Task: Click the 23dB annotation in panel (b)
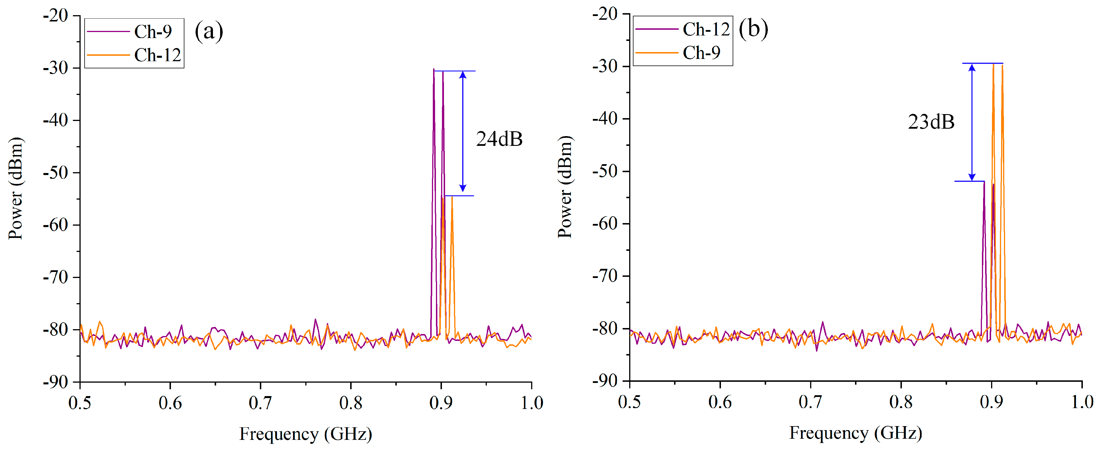(x=931, y=122)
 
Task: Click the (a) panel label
(x=209, y=31)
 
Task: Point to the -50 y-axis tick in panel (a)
(x=56, y=173)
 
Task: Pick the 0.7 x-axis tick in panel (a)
(x=261, y=403)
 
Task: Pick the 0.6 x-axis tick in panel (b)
(x=720, y=402)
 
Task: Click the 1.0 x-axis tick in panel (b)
(x=1082, y=402)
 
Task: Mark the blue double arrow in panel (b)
(x=972, y=122)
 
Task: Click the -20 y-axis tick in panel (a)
(x=56, y=16)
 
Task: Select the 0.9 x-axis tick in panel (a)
(x=441, y=403)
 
